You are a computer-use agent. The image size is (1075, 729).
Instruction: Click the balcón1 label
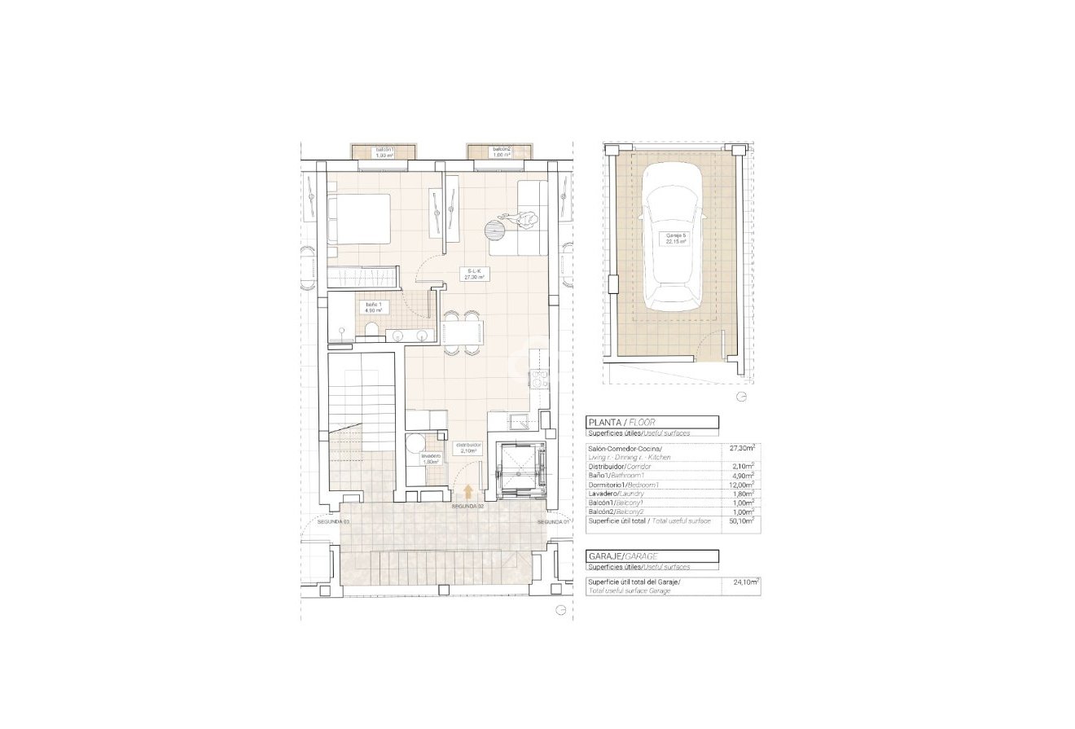[384, 152]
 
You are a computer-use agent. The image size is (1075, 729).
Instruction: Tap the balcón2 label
[501, 152]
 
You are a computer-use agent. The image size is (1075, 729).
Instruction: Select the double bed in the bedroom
[359, 218]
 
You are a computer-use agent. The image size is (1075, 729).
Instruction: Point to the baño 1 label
[373, 307]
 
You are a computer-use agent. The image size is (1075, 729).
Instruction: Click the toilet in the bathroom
[370, 329]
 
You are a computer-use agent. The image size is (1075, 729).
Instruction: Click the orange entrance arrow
[469, 491]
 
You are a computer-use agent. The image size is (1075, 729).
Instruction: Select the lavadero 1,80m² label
[430, 459]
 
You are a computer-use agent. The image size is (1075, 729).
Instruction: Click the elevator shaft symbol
[520, 469]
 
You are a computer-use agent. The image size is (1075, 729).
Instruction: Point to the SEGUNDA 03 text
[334, 521]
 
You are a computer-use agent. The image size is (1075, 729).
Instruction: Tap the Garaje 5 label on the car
[673, 239]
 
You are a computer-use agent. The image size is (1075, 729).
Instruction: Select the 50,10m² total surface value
[741, 520]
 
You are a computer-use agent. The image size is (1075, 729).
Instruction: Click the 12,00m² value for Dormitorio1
[741, 484]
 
